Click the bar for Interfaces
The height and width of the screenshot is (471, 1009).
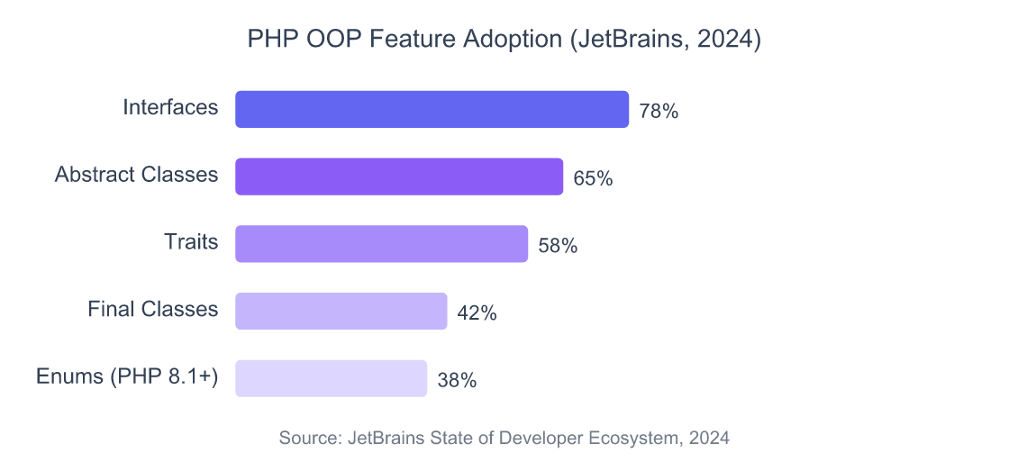point(432,110)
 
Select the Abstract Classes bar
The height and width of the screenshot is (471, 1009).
point(399,177)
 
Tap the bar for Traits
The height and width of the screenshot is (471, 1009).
point(381,244)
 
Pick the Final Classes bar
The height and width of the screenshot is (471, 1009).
point(341,312)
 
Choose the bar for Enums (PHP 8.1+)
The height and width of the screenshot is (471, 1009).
point(331,379)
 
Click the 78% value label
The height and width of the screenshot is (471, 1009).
point(659,112)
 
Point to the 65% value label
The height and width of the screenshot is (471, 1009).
point(593,179)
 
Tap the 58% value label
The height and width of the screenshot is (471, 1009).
point(558,246)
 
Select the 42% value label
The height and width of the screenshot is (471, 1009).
point(477,313)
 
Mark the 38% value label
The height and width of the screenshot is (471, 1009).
point(457,381)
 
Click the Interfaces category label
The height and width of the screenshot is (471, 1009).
point(170,108)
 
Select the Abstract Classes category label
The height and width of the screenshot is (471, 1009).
point(136,175)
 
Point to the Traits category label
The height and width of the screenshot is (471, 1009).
point(191,242)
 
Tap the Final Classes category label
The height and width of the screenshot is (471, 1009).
point(153,310)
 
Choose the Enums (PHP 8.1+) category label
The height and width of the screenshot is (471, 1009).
point(127,377)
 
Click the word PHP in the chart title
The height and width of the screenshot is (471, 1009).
point(268,41)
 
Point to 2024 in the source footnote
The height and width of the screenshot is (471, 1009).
point(710,439)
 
